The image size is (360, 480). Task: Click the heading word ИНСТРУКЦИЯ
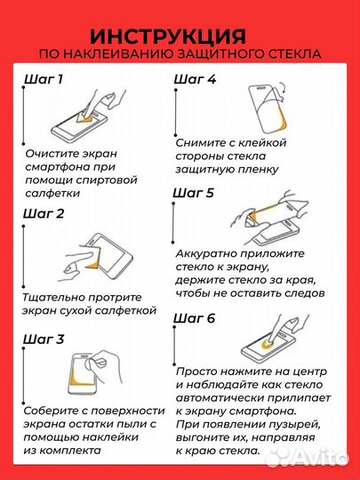point(169,36)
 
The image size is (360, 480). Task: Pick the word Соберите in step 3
point(53,410)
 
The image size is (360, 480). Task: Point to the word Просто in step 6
point(198,372)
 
